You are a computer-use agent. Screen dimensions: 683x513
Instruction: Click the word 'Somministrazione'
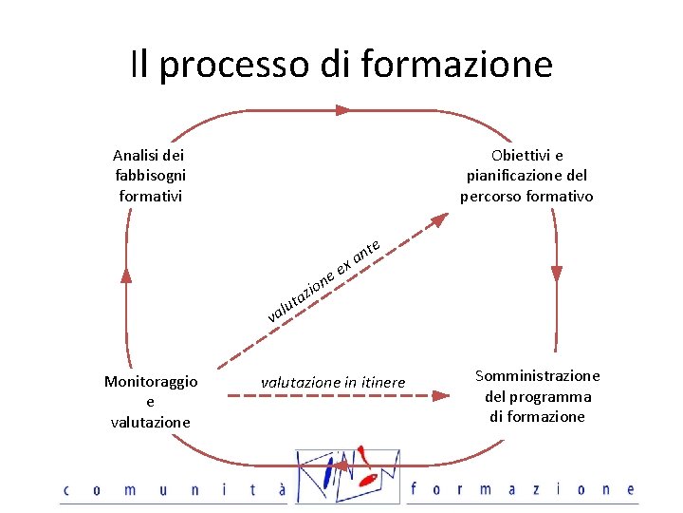coord(537,375)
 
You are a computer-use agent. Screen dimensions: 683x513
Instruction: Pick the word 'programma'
coord(550,396)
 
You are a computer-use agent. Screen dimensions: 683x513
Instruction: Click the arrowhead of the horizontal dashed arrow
coord(441,393)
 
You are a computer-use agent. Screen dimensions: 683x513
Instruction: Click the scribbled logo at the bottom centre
coord(348,472)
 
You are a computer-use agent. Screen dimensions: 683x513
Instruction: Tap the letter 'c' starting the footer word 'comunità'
coord(66,490)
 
